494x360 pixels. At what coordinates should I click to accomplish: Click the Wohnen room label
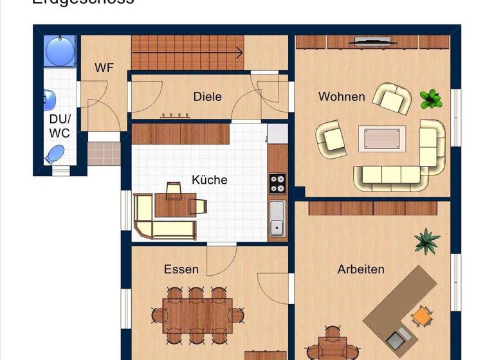(x=342, y=97)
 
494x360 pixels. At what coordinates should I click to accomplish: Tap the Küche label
(x=210, y=180)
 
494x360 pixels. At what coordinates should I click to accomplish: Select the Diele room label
(x=207, y=97)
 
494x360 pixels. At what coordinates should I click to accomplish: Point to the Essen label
(x=181, y=269)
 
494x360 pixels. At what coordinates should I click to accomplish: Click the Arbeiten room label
(x=361, y=269)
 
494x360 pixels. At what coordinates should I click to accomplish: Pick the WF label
(x=104, y=67)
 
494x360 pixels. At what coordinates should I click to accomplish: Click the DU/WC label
(x=59, y=126)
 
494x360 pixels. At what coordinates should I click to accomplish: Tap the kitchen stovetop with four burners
(x=277, y=183)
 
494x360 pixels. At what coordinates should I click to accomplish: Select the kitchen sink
(x=277, y=219)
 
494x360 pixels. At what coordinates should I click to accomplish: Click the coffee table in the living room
(x=382, y=138)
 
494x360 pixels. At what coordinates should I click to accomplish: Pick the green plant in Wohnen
(x=431, y=99)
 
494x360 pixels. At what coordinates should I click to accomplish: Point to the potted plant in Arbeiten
(x=427, y=241)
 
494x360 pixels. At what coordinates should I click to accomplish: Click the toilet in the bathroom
(x=56, y=154)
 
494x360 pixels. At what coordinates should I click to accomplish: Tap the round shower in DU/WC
(x=60, y=50)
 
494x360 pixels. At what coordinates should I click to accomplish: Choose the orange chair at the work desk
(x=422, y=316)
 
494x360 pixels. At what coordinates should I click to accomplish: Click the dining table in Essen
(x=197, y=315)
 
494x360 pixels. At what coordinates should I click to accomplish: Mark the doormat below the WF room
(x=104, y=154)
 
